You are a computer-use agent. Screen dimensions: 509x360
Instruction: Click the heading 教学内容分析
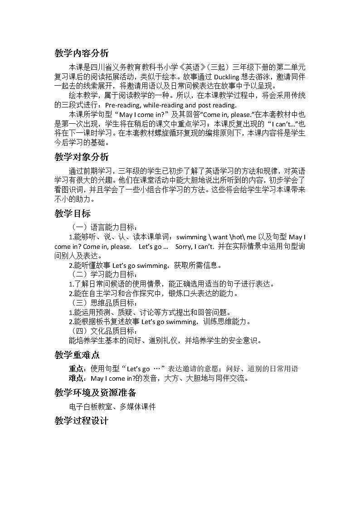(82, 53)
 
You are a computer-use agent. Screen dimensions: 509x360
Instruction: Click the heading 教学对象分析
(82, 157)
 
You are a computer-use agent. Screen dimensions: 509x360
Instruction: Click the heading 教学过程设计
(82, 421)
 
